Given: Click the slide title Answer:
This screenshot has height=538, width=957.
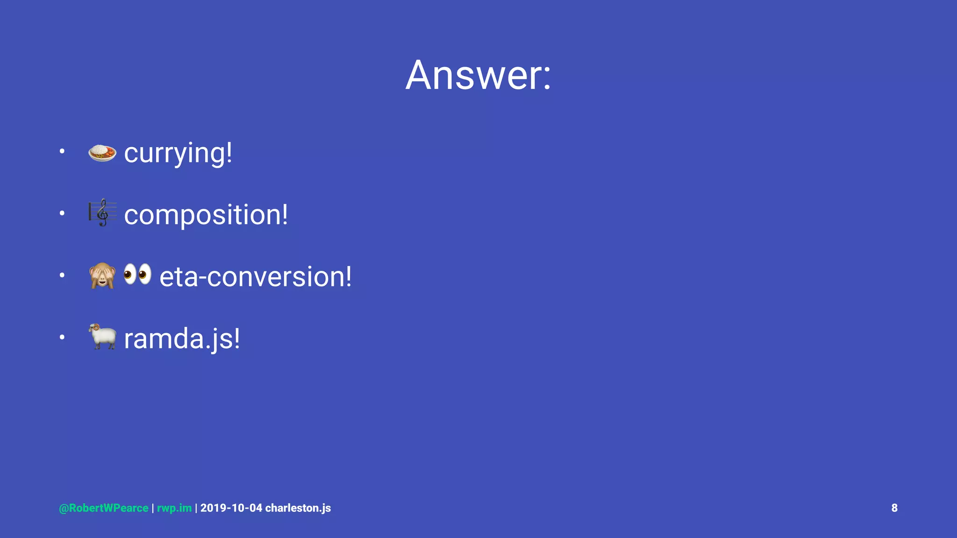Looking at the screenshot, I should (x=478, y=75).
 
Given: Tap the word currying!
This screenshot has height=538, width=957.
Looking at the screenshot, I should (x=178, y=153).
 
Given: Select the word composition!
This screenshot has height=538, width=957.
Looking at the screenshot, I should (x=206, y=215).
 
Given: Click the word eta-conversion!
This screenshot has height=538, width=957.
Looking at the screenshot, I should (x=255, y=276).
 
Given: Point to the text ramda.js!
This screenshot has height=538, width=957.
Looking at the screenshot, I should (x=182, y=339).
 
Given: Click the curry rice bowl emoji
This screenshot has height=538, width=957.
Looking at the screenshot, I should (x=102, y=152).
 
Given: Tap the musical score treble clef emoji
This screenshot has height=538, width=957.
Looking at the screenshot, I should (x=102, y=212).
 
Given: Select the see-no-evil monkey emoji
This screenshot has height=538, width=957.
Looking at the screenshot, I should (x=102, y=276).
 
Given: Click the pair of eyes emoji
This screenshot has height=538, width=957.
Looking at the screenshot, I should (x=137, y=274).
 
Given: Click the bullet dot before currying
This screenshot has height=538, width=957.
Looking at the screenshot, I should (x=62, y=151).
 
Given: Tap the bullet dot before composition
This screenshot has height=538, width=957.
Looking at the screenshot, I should (x=62, y=213).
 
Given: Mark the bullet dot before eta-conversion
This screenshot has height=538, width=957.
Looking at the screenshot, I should (x=62, y=275).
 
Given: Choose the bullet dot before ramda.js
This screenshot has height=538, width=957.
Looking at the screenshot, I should (x=62, y=337).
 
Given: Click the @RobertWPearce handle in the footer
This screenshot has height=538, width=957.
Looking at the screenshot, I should (x=104, y=508).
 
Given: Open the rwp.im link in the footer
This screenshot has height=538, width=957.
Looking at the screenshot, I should (x=174, y=508).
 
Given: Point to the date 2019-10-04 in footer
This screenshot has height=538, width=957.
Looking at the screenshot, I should (x=231, y=508).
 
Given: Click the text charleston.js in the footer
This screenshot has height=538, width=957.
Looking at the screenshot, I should (x=298, y=508).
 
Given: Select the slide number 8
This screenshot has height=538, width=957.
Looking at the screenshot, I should (x=894, y=508).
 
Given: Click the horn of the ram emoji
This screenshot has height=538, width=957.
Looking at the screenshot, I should (x=95, y=327).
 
